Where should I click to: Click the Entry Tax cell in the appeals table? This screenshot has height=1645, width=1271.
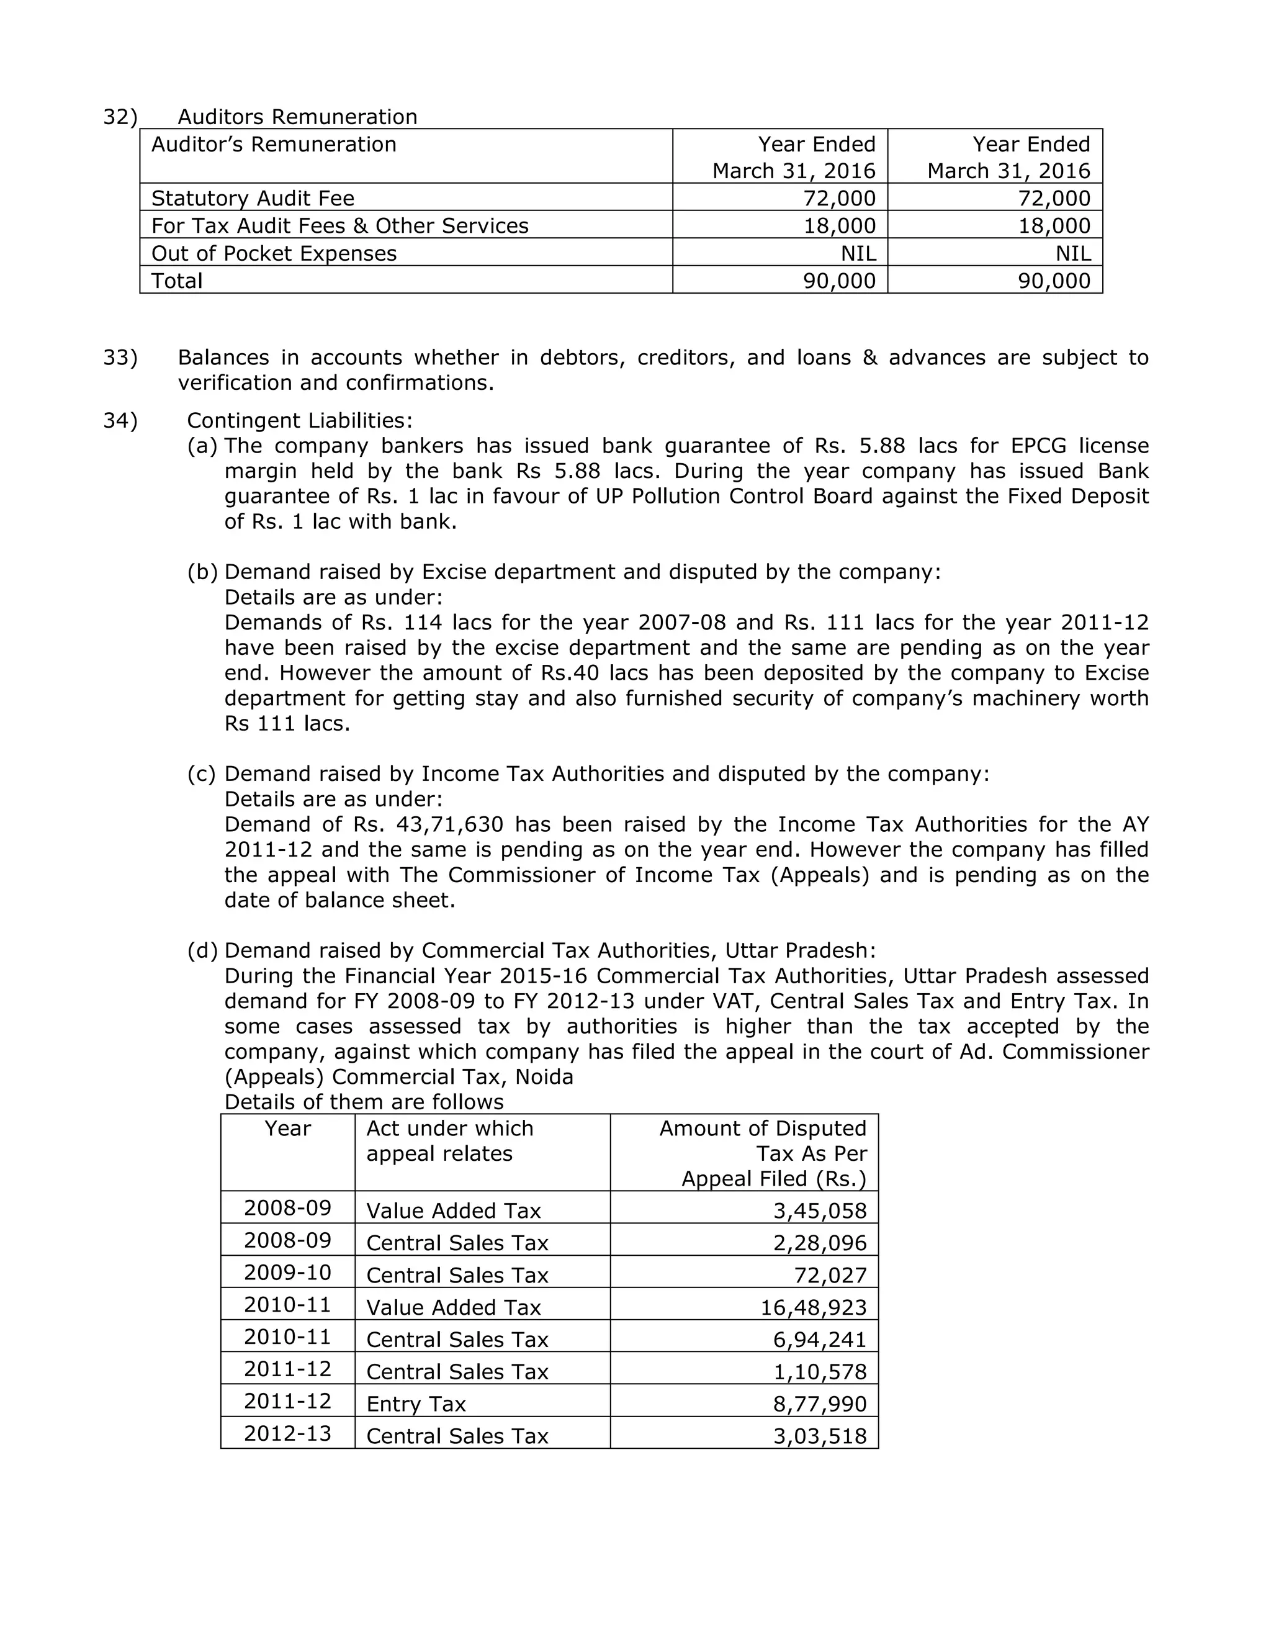pos(416,1404)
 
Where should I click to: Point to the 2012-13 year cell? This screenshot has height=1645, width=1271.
pos(287,1433)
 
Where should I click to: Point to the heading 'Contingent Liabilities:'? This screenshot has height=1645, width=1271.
pos(300,420)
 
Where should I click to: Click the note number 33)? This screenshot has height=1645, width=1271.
pos(120,357)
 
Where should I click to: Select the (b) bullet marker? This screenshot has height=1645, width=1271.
pos(202,572)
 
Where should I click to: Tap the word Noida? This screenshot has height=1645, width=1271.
pos(544,1077)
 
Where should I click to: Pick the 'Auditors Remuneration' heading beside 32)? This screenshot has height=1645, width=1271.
pos(297,117)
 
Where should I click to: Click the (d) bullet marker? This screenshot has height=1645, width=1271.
pos(202,950)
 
